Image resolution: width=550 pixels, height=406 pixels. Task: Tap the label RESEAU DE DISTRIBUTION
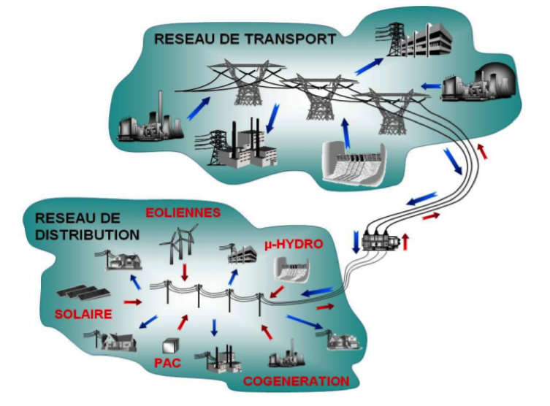[x=87, y=226]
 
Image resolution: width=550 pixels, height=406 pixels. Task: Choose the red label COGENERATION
[x=296, y=381]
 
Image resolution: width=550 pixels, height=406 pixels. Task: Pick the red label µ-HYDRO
[x=291, y=243]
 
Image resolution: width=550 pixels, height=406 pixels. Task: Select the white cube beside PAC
[x=172, y=342]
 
